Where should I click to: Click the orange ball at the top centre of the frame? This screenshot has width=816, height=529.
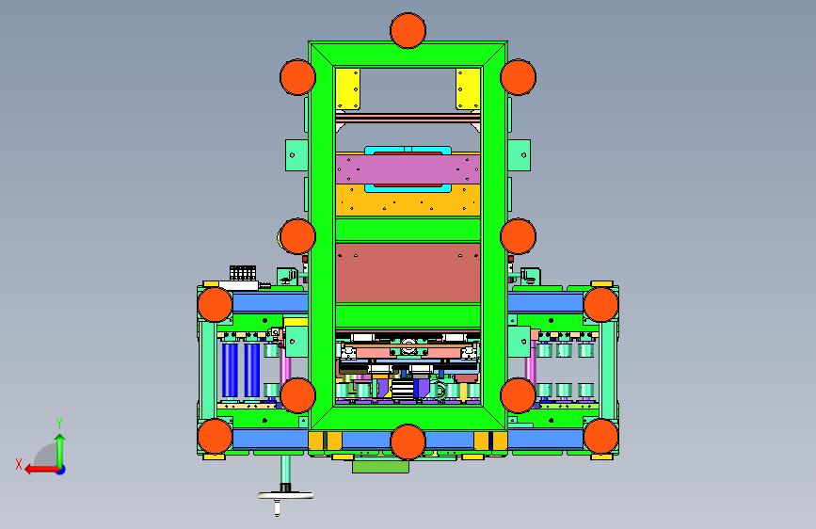pos(408,31)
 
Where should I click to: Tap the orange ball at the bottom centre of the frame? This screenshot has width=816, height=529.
pos(408,442)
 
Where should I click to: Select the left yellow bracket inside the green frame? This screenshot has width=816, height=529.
pos(347,88)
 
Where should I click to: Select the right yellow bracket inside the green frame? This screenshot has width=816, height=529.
pos(468,88)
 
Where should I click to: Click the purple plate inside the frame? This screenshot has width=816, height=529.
pos(408,169)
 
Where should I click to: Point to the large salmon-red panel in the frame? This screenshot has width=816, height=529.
pos(408,273)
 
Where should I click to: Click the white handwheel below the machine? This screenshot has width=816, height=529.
pos(285,496)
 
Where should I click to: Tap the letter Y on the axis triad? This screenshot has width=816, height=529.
pos(59,424)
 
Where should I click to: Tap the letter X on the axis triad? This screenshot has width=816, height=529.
pos(19,464)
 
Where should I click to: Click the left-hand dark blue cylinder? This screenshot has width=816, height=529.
pos(230,370)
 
